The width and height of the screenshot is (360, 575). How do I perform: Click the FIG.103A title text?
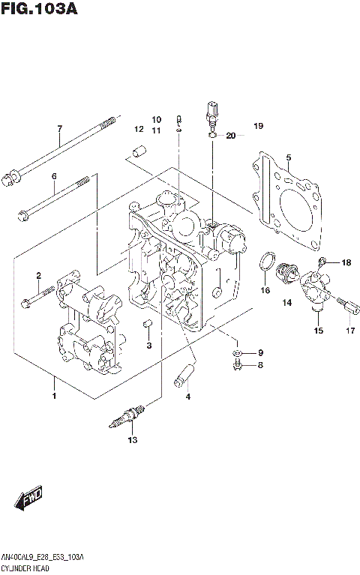point(39,10)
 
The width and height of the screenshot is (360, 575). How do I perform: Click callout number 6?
point(54,176)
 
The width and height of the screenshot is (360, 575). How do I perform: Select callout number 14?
point(286,303)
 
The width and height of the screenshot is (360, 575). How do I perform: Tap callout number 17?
point(349,331)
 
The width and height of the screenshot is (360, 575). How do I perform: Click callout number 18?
point(346,262)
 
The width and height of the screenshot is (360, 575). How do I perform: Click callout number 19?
point(258,126)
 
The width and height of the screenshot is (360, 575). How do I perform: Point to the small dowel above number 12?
point(137,154)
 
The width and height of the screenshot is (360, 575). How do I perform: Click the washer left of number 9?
point(236,352)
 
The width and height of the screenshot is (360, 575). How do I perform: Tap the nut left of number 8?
point(236,365)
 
